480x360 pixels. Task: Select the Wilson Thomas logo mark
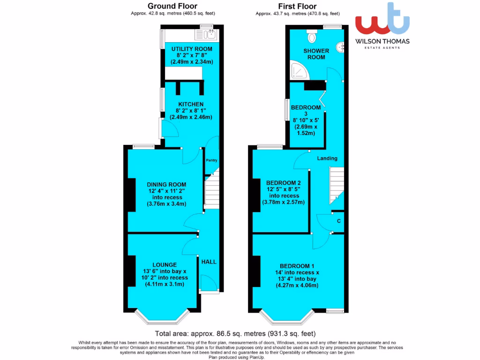(x=382, y=20)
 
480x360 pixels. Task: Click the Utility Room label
(x=191, y=49)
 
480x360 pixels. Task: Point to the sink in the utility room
(x=209, y=34)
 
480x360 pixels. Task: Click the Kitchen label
(x=190, y=104)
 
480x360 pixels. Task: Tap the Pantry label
(x=211, y=161)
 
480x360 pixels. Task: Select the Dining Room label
(x=166, y=184)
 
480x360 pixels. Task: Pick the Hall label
(x=209, y=262)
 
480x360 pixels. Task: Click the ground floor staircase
(x=212, y=190)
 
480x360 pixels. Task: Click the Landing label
(x=327, y=158)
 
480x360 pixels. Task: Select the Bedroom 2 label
(x=283, y=183)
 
